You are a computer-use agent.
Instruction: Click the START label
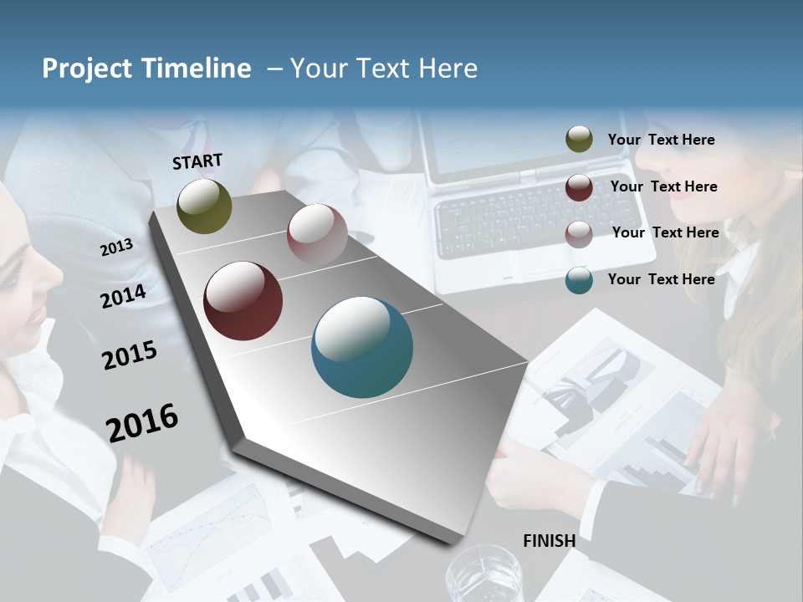(x=197, y=161)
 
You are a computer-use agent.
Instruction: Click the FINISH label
(x=550, y=541)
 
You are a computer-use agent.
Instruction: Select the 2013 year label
(x=117, y=247)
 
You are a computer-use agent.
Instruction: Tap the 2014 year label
(x=124, y=296)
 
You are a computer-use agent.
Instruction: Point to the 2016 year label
(x=142, y=422)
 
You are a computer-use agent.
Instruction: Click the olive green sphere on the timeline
(x=205, y=207)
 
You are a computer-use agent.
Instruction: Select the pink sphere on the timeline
(x=317, y=234)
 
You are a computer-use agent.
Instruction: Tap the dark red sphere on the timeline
(x=243, y=301)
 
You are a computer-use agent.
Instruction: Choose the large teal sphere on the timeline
(x=362, y=347)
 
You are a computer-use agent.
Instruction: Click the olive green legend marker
(x=579, y=140)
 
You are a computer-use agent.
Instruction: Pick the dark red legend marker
(x=579, y=186)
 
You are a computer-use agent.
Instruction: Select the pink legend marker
(x=579, y=233)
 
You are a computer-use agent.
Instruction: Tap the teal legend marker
(x=579, y=280)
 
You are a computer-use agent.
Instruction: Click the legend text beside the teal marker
(x=662, y=279)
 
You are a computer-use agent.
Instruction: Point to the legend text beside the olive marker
(x=662, y=140)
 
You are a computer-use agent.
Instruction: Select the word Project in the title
(x=87, y=69)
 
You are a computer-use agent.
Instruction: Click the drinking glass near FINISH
(x=483, y=575)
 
